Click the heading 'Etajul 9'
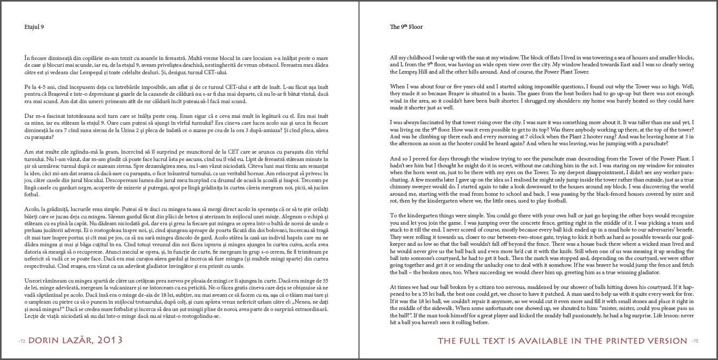coord(34,27)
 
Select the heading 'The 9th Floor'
coord(406,27)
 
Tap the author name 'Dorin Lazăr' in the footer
coord(61,341)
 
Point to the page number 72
coord(22,341)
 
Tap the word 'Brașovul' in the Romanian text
coord(49,94)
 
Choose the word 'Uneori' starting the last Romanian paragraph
coord(33,281)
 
